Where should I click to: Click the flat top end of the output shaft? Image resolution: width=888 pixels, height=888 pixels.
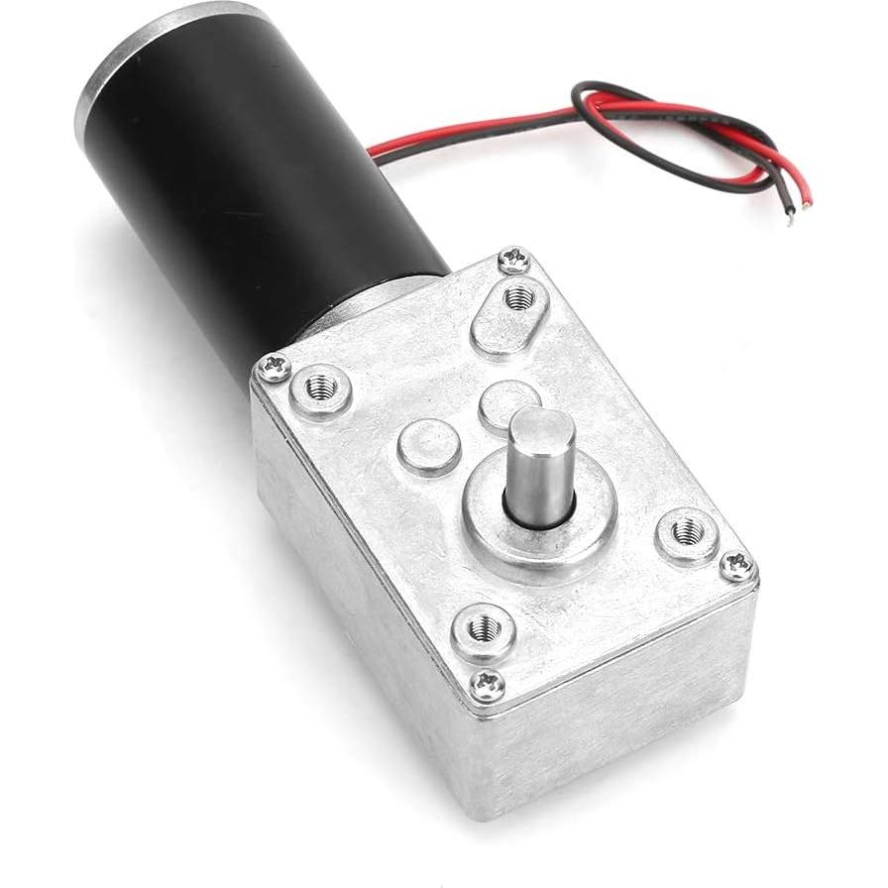542,427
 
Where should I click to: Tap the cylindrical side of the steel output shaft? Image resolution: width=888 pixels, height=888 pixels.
539,481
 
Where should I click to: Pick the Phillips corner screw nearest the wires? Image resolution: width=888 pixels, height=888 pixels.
513,260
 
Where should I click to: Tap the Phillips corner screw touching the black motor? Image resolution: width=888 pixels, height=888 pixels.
273,368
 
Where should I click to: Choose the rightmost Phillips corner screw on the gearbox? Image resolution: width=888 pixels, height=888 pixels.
736,566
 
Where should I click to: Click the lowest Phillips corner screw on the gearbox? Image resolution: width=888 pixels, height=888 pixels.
486,683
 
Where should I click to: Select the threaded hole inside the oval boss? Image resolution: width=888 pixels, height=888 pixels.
518,296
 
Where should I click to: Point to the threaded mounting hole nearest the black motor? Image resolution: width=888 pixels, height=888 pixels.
321,388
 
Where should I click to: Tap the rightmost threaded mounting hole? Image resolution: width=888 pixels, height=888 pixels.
687,533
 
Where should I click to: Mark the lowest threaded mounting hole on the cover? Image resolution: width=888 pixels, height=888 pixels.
483,626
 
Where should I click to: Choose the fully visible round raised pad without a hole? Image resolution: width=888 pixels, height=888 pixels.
429,445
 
